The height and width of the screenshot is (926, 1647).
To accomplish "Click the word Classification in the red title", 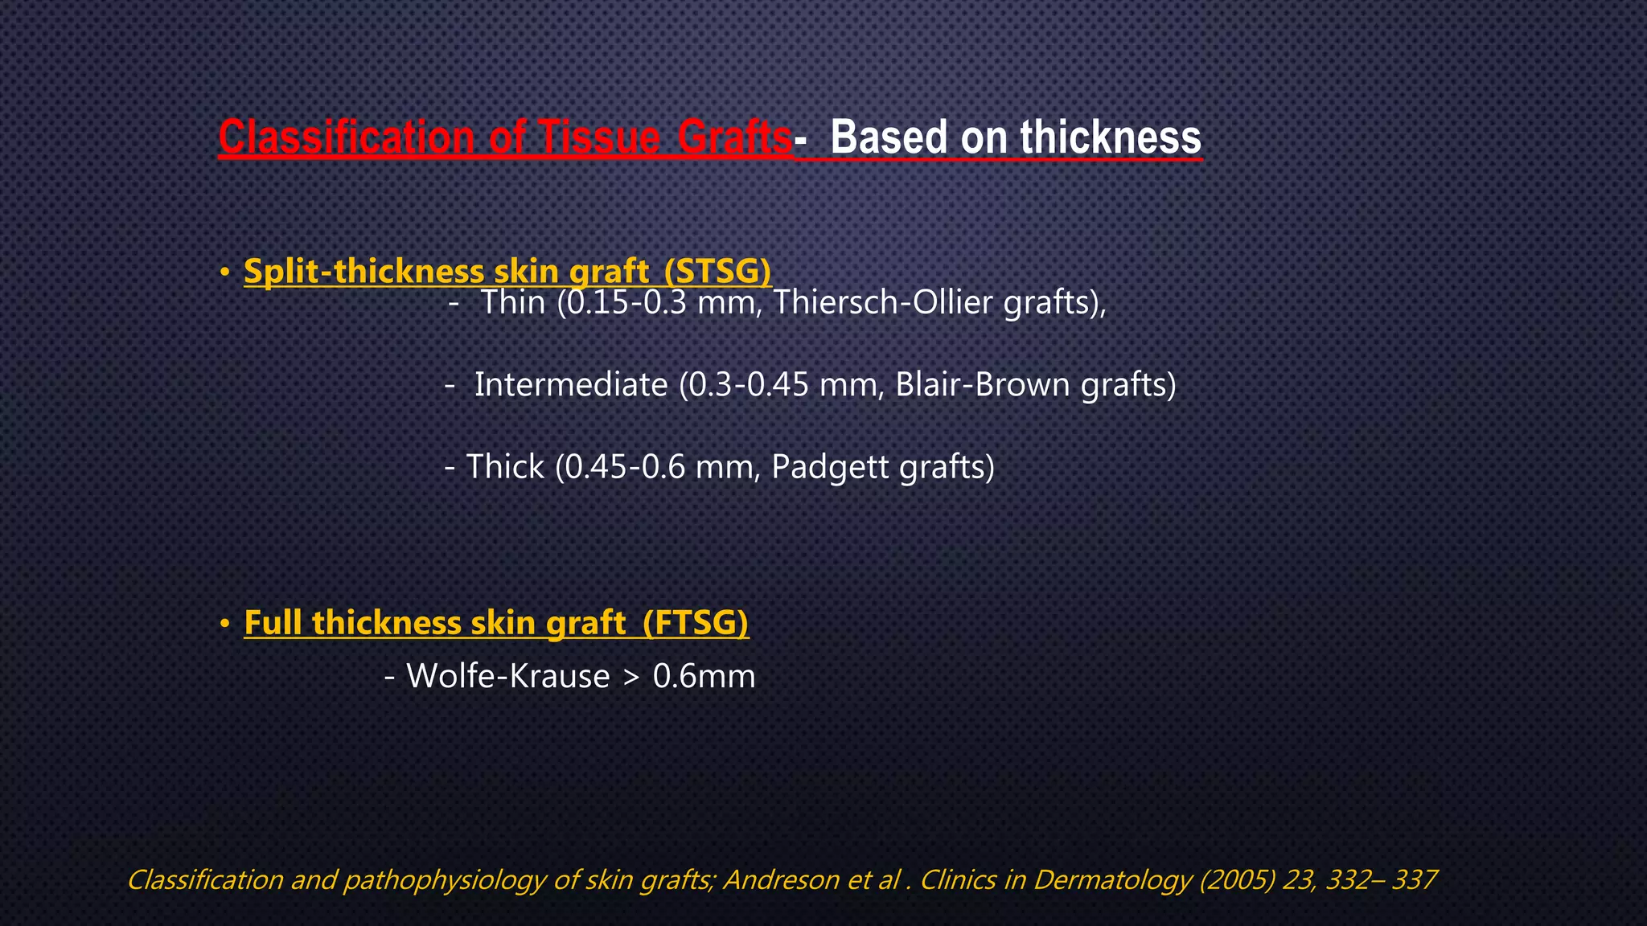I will (x=347, y=137).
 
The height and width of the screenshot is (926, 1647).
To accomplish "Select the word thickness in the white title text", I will (x=1111, y=137).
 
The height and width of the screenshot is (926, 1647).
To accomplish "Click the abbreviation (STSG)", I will (x=717, y=271).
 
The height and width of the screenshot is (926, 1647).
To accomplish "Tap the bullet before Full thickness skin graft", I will (x=225, y=623).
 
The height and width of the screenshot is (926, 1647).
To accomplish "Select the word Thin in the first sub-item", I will (x=513, y=302).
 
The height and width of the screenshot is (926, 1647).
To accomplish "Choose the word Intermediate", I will (x=571, y=384).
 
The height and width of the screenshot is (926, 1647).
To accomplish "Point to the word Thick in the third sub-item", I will (x=505, y=466).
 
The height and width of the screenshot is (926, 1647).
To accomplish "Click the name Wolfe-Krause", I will (x=508, y=675).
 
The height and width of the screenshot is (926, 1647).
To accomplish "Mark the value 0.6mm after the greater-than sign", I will (x=704, y=675).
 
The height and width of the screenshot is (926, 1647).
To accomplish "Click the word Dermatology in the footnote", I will (x=1112, y=879).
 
